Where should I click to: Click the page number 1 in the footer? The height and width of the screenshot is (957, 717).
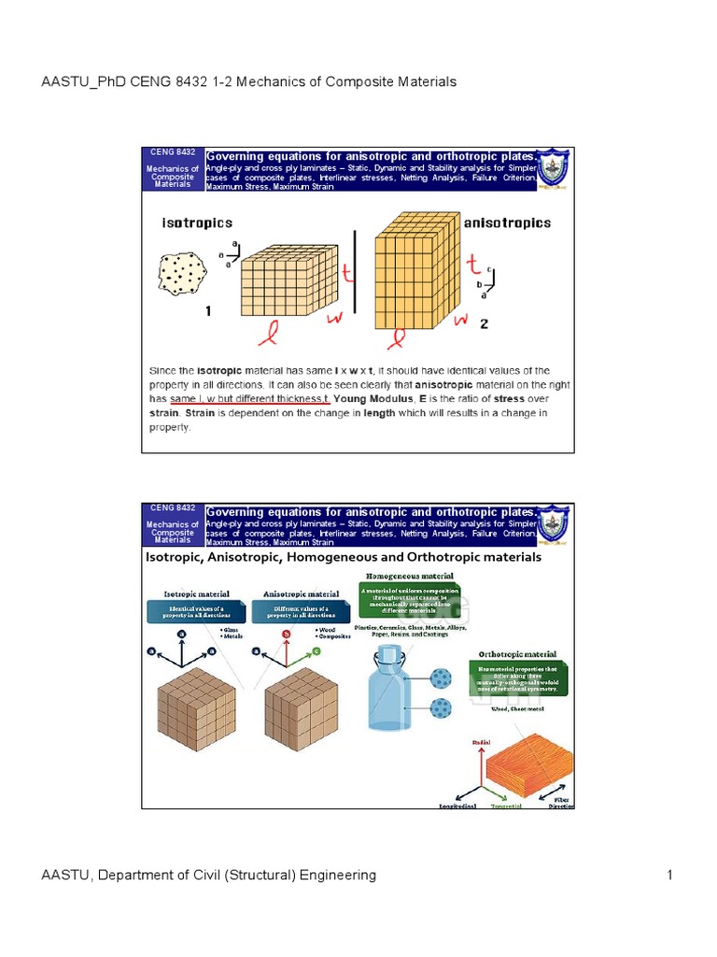pos(669,876)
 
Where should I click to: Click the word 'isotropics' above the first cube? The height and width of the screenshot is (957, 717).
pos(197,223)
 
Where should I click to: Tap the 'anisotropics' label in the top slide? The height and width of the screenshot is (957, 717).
pos(507,223)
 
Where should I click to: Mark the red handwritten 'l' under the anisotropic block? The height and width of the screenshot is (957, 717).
pos(399,334)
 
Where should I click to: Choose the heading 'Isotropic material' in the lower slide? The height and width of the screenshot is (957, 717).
pos(192,593)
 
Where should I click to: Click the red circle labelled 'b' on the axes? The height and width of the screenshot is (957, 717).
pos(286,633)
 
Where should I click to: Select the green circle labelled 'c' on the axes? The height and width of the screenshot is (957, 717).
pos(317,651)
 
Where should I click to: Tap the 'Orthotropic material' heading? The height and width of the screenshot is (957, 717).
pos(517,654)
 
